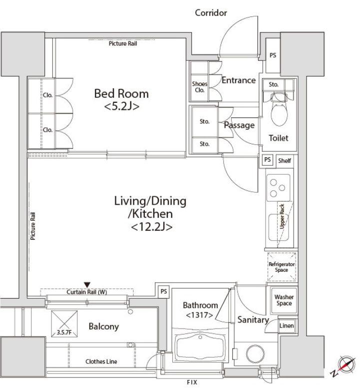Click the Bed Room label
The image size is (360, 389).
click(121, 94)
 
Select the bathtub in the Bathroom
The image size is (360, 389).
click(200, 346)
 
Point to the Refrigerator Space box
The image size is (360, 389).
click(282, 267)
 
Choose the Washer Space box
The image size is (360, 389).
click(284, 300)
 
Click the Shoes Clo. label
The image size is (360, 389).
click(200, 87)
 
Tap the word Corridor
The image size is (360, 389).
click(211, 13)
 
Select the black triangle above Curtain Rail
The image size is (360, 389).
click(87, 285)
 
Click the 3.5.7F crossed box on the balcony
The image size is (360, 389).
click(64, 324)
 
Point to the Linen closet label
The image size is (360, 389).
click(287, 326)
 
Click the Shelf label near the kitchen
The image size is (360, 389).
click(284, 161)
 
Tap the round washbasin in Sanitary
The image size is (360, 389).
click(255, 354)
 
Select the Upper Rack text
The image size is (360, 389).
click(282, 216)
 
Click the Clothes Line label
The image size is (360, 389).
click(101, 362)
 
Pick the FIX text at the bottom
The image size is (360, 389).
click(192, 383)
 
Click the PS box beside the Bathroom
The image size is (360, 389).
click(163, 291)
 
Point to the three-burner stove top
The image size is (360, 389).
click(278, 188)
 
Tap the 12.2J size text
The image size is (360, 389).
click(151, 227)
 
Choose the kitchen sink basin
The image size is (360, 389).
click(279, 228)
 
